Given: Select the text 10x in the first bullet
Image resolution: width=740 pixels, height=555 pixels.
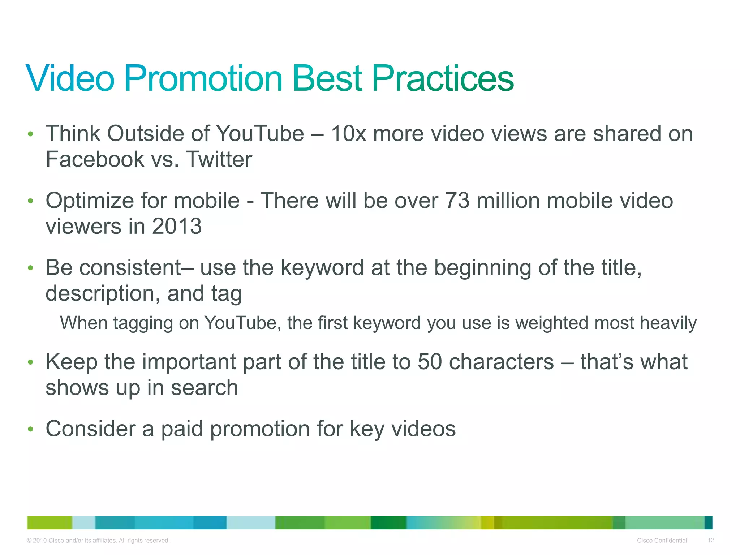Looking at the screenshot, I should (348, 134).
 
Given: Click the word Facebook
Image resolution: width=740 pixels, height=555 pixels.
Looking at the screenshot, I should (95, 159).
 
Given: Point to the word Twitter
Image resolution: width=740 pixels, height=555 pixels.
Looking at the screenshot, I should (219, 159).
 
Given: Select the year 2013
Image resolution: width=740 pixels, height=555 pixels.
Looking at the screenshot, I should (177, 227).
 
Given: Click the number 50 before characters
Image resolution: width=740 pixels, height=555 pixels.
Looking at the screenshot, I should (430, 362).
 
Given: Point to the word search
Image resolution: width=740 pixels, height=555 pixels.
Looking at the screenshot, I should (204, 388).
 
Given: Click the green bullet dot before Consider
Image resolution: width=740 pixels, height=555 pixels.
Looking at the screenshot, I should (31, 429).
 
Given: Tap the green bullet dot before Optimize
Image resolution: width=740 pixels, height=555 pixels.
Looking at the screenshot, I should (31, 201).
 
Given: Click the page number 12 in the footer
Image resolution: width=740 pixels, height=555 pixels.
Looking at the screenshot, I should (711, 540).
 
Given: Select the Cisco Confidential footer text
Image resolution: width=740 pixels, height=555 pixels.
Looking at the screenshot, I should (662, 541).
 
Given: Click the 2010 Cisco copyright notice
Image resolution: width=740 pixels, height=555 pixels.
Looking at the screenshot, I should (98, 541).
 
